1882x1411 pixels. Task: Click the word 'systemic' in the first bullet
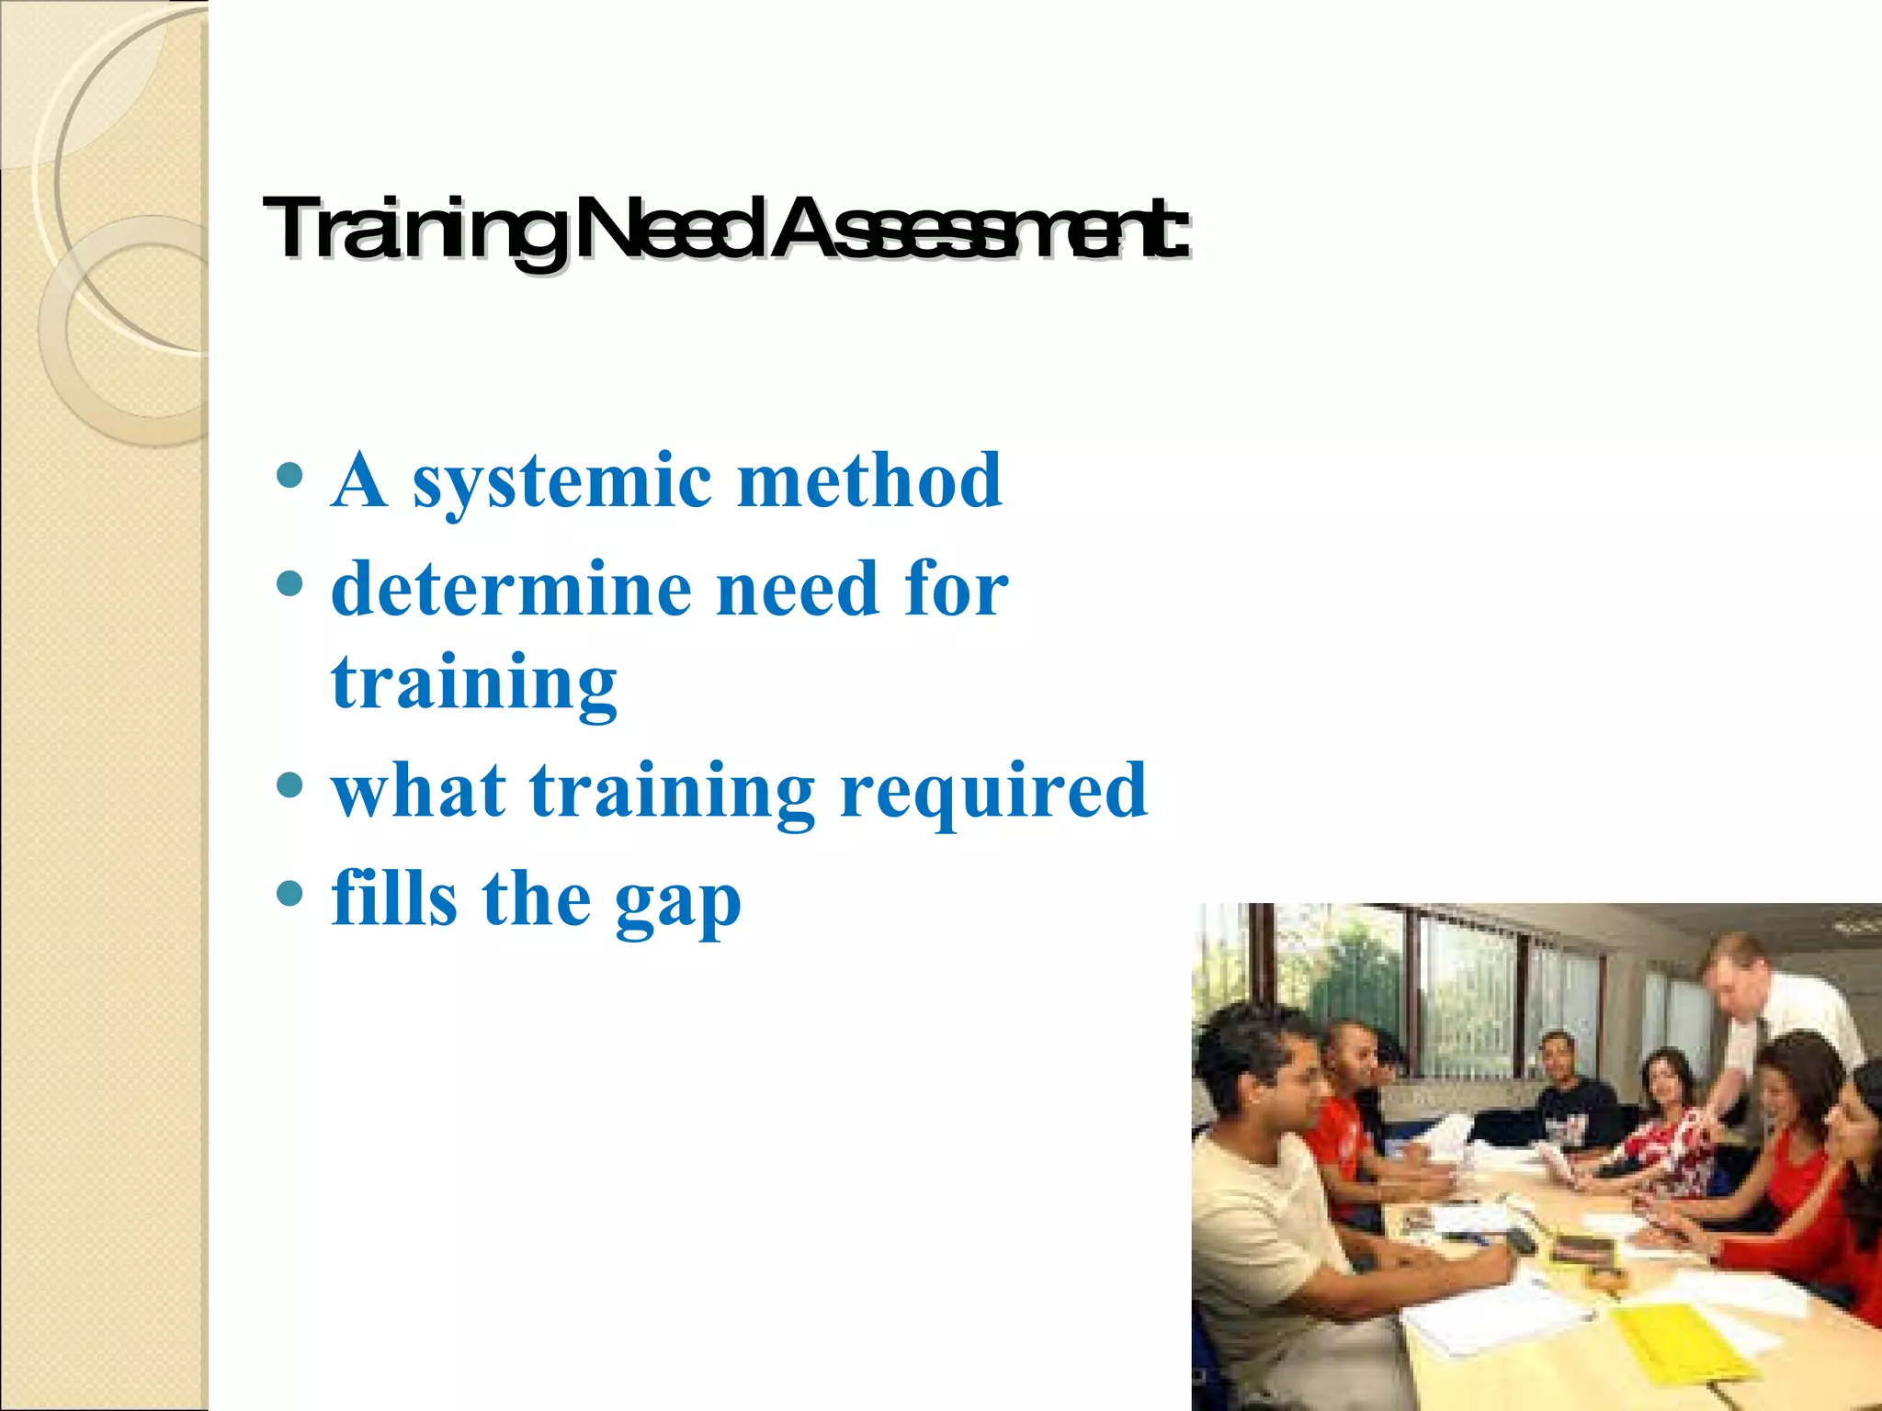[561, 482]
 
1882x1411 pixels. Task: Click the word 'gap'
[678, 905]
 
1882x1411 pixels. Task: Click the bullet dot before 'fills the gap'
[289, 893]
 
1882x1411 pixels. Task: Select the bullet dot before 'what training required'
[289, 785]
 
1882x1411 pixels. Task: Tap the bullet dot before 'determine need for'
[289, 582]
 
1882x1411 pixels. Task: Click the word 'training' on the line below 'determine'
[474, 684]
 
